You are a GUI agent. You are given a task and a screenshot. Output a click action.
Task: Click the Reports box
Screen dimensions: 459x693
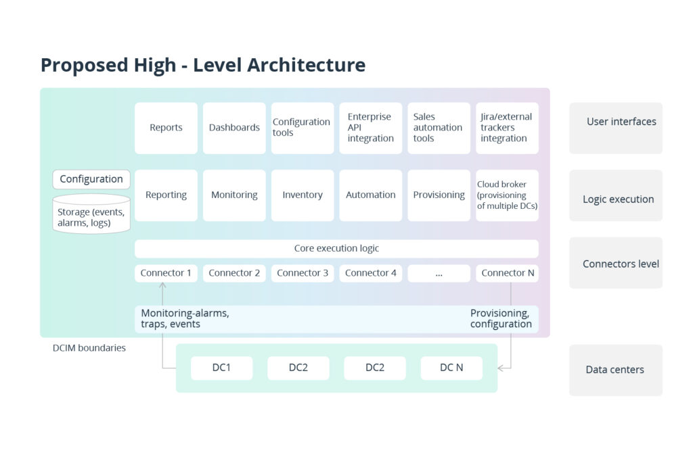(x=166, y=128)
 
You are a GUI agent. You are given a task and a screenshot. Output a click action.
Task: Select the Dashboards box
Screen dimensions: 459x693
(x=234, y=128)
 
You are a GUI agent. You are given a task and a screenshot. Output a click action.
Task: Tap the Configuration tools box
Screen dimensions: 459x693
(x=303, y=128)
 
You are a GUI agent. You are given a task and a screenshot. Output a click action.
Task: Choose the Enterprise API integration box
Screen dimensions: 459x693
(x=371, y=128)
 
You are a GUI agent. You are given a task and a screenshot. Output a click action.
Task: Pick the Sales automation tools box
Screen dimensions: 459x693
(x=439, y=128)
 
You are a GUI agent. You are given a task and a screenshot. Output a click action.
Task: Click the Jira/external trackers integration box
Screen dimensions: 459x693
(x=507, y=128)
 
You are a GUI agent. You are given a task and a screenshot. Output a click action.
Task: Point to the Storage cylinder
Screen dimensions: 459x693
(x=91, y=214)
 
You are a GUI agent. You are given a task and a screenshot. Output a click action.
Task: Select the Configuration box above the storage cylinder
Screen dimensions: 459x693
(x=91, y=179)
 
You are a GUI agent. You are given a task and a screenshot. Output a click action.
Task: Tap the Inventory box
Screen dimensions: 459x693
(x=303, y=195)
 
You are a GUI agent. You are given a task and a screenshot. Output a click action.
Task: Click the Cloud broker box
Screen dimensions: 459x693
(x=507, y=195)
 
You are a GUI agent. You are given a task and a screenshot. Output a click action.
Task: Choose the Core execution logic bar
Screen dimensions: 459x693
(x=336, y=248)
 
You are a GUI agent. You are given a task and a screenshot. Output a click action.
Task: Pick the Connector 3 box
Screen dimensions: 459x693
(x=303, y=273)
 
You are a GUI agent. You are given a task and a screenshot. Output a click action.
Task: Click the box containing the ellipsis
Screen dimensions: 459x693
(x=439, y=273)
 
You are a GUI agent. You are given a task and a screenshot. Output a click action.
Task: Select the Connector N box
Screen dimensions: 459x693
(x=507, y=273)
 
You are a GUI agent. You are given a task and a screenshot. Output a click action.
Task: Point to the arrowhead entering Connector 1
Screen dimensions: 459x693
(x=162, y=286)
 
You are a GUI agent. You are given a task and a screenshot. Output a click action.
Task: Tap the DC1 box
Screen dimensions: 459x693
(x=221, y=368)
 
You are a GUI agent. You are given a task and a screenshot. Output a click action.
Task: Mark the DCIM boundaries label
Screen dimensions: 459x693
(x=89, y=348)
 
